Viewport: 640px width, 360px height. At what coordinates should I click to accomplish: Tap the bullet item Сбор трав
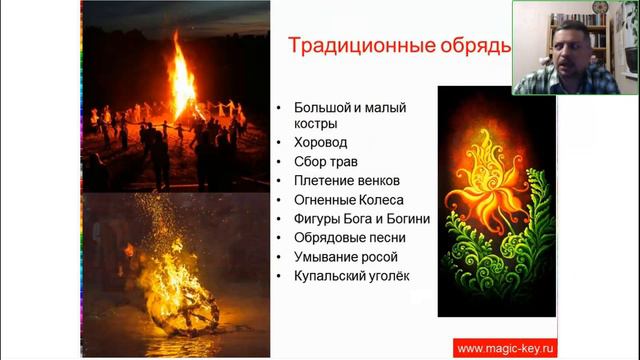click(326, 161)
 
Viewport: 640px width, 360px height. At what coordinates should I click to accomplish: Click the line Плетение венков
click(346, 180)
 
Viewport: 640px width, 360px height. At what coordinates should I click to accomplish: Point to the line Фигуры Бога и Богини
click(362, 218)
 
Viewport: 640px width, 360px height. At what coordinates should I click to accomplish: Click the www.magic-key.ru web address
click(503, 348)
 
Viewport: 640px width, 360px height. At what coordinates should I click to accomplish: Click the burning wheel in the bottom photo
click(180, 300)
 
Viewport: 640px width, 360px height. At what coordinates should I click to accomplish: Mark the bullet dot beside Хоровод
click(277, 143)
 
